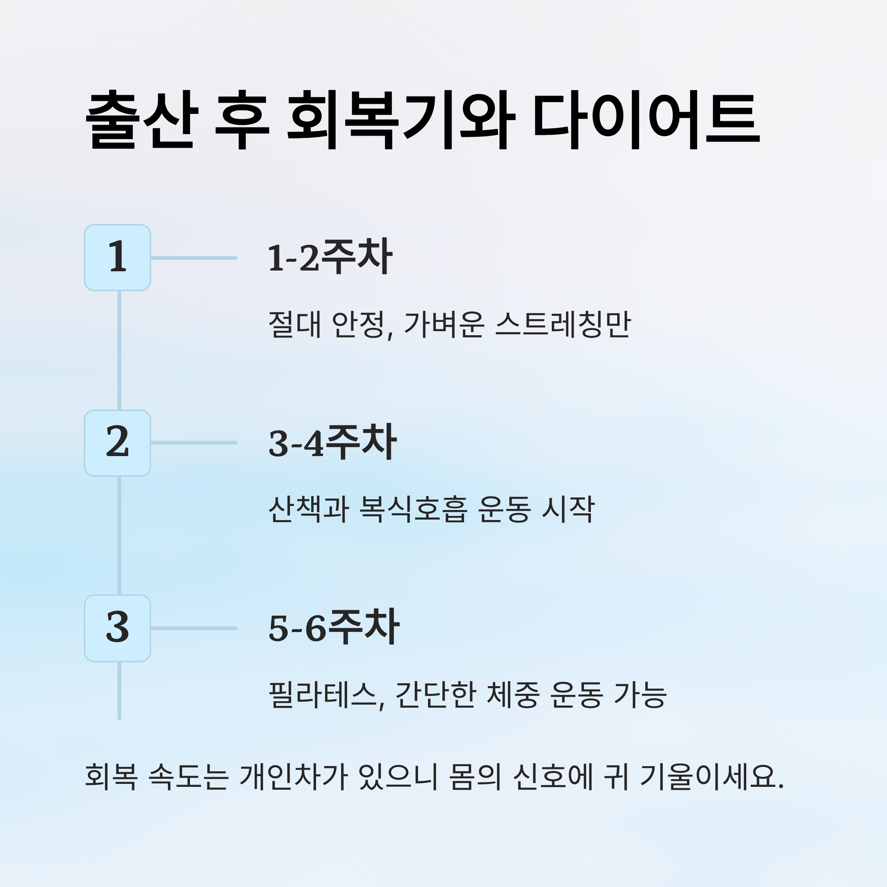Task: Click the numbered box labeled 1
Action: tap(118, 258)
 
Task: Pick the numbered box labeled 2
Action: tap(118, 443)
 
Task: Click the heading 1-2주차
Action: tap(330, 257)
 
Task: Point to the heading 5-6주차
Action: tap(334, 628)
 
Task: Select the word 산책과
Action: tap(309, 509)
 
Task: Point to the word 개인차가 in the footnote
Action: tap(293, 777)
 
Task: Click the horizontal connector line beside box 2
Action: tap(194, 443)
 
